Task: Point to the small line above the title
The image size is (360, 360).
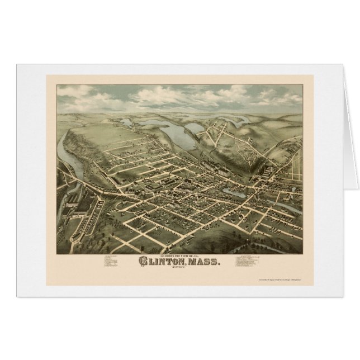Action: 177,253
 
